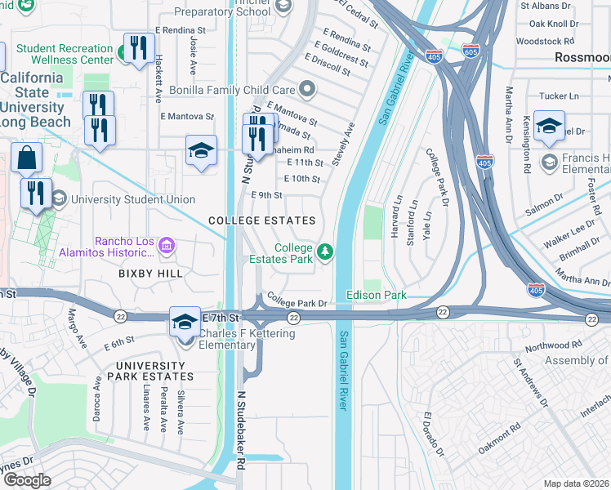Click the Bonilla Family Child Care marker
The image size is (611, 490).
click(x=306, y=88)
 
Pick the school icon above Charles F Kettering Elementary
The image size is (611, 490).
click(x=185, y=321)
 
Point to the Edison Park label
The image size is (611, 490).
click(x=377, y=294)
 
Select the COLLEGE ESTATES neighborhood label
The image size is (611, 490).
click(x=261, y=221)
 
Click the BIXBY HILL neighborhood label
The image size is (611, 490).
click(x=150, y=274)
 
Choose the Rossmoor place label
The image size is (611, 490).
click(x=582, y=57)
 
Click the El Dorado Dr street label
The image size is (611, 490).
click(x=432, y=434)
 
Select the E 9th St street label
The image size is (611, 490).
click(x=268, y=195)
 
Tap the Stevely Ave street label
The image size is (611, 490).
click(x=345, y=142)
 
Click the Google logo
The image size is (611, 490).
click(x=27, y=480)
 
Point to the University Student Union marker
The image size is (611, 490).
click(x=59, y=199)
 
